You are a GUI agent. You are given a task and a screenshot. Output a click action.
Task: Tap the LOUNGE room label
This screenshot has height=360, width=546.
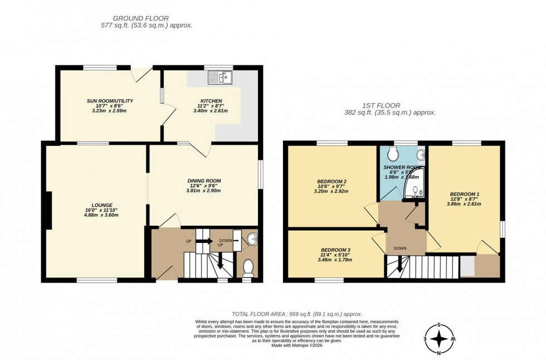pos(100,205)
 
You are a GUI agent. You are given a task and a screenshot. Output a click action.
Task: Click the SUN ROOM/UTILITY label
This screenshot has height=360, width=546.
pos(109,101)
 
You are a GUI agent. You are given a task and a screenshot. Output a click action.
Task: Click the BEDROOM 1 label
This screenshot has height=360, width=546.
pos(465,194)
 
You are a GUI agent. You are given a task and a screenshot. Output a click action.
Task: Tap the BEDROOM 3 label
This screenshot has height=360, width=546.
pos(335,250)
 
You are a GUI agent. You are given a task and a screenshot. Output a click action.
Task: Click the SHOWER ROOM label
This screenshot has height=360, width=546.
pos(402,167)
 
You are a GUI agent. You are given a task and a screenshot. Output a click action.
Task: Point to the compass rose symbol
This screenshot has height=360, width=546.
pos(439,339)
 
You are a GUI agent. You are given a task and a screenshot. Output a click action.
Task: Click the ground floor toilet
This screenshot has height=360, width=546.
pos(248,268)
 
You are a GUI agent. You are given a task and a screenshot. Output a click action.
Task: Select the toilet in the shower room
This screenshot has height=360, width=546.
pos(394,153)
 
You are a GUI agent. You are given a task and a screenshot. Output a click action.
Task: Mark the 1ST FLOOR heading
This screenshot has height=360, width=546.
pos(389,105)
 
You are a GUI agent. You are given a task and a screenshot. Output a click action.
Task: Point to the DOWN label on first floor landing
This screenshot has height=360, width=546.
pos(400,248)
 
